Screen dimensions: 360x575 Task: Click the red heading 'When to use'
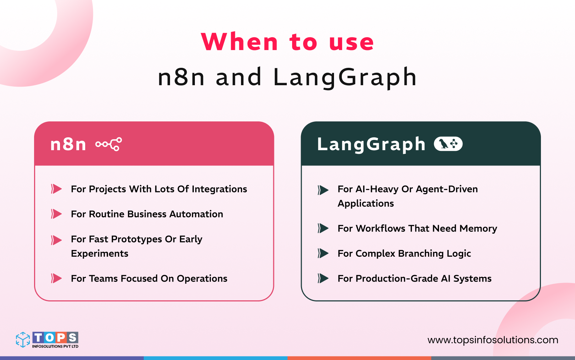click(287, 42)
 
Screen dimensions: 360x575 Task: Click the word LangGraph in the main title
click(345, 77)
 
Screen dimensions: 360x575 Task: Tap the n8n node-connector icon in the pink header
click(109, 144)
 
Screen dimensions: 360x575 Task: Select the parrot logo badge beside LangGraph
click(448, 144)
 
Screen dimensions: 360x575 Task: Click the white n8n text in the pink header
click(68, 144)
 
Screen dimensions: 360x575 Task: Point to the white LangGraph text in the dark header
click(371, 144)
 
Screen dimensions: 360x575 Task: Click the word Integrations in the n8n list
click(219, 189)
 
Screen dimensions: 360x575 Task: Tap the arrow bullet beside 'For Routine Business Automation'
click(56, 214)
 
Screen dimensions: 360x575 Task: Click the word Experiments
click(100, 253)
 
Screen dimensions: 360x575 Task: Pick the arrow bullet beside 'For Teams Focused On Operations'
click(56, 278)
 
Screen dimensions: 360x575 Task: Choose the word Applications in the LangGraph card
click(366, 203)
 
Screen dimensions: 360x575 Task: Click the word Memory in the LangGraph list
click(478, 229)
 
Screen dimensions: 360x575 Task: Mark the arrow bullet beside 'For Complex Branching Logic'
click(323, 253)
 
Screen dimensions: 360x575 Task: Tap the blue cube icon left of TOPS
click(23, 340)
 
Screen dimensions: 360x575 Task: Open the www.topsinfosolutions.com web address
click(493, 340)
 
